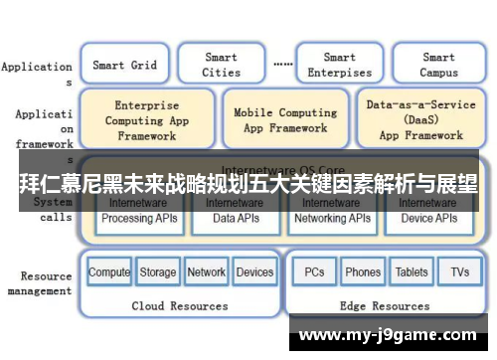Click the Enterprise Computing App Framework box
click(146, 119)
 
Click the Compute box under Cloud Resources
click(109, 271)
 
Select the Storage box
click(157, 271)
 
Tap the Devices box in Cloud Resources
click(255, 271)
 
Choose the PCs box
click(314, 271)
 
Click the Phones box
click(363, 271)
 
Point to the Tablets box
click(412, 271)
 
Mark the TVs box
click(459, 271)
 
